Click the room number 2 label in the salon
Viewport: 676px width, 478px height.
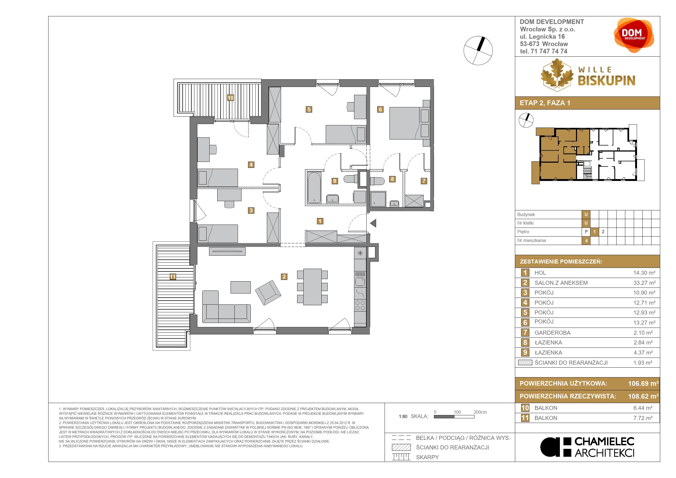(x=284, y=277)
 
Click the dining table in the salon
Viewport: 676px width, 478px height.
(x=312, y=287)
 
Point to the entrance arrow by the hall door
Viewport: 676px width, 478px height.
(x=373, y=223)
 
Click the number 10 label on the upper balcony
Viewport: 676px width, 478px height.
(x=230, y=98)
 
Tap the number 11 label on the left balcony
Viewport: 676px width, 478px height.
(x=173, y=277)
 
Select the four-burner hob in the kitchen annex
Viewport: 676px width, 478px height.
(x=360, y=305)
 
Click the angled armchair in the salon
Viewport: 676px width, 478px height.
(x=268, y=293)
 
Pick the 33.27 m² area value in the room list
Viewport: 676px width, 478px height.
(x=644, y=283)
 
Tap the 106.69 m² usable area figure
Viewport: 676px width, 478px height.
(x=643, y=383)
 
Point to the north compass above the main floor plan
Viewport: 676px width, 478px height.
(x=478, y=51)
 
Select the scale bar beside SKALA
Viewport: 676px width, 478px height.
(x=454, y=416)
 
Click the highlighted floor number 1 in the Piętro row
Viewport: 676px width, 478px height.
(x=594, y=232)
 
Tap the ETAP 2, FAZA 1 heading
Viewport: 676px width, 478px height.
(x=545, y=103)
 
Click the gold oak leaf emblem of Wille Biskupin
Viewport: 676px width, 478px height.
(x=557, y=75)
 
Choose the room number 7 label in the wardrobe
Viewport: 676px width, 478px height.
(x=424, y=181)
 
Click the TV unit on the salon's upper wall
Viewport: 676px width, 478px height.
(x=227, y=251)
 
